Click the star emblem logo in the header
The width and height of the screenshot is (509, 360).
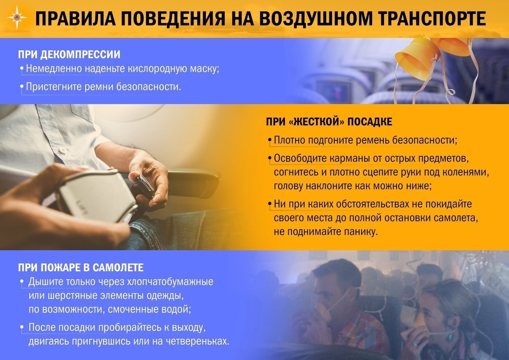pos(17,18)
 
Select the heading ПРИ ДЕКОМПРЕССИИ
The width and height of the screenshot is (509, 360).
pos(69,55)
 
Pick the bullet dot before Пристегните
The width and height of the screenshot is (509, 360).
pos(22,86)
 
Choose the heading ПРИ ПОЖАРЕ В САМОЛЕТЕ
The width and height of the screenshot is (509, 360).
pos(81,268)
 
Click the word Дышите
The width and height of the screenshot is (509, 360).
pos(46,282)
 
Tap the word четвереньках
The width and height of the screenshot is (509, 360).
pos(198,341)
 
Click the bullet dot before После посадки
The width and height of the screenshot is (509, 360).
pos(22,327)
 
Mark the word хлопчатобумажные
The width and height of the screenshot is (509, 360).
pos(170,282)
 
